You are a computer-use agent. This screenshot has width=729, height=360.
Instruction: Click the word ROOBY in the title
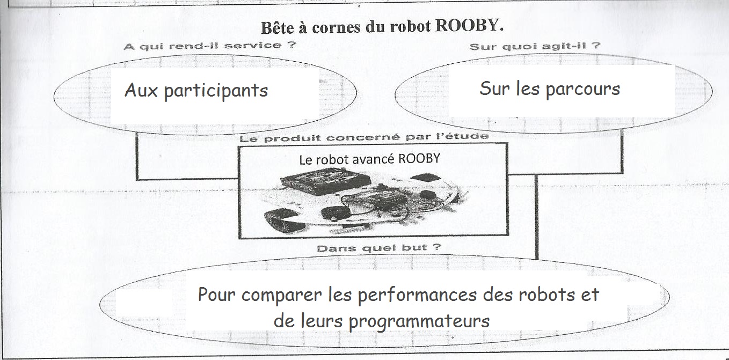click(x=469, y=25)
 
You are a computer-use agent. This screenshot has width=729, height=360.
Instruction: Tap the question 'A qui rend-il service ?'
click(x=209, y=46)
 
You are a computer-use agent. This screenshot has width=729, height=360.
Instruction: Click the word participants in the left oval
click(x=216, y=91)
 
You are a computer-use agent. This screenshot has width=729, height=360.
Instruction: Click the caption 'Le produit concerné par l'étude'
click(x=364, y=137)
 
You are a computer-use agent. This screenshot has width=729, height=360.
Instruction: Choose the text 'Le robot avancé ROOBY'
click(x=370, y=159)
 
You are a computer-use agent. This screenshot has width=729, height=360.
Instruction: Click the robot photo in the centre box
click(x=366, y=200)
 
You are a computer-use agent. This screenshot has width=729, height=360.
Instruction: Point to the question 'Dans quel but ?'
click(x=379, y=248)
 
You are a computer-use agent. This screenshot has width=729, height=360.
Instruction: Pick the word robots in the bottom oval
click(x=546, y=295)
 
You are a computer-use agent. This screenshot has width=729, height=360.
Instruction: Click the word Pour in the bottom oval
click(x=216, y=295)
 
